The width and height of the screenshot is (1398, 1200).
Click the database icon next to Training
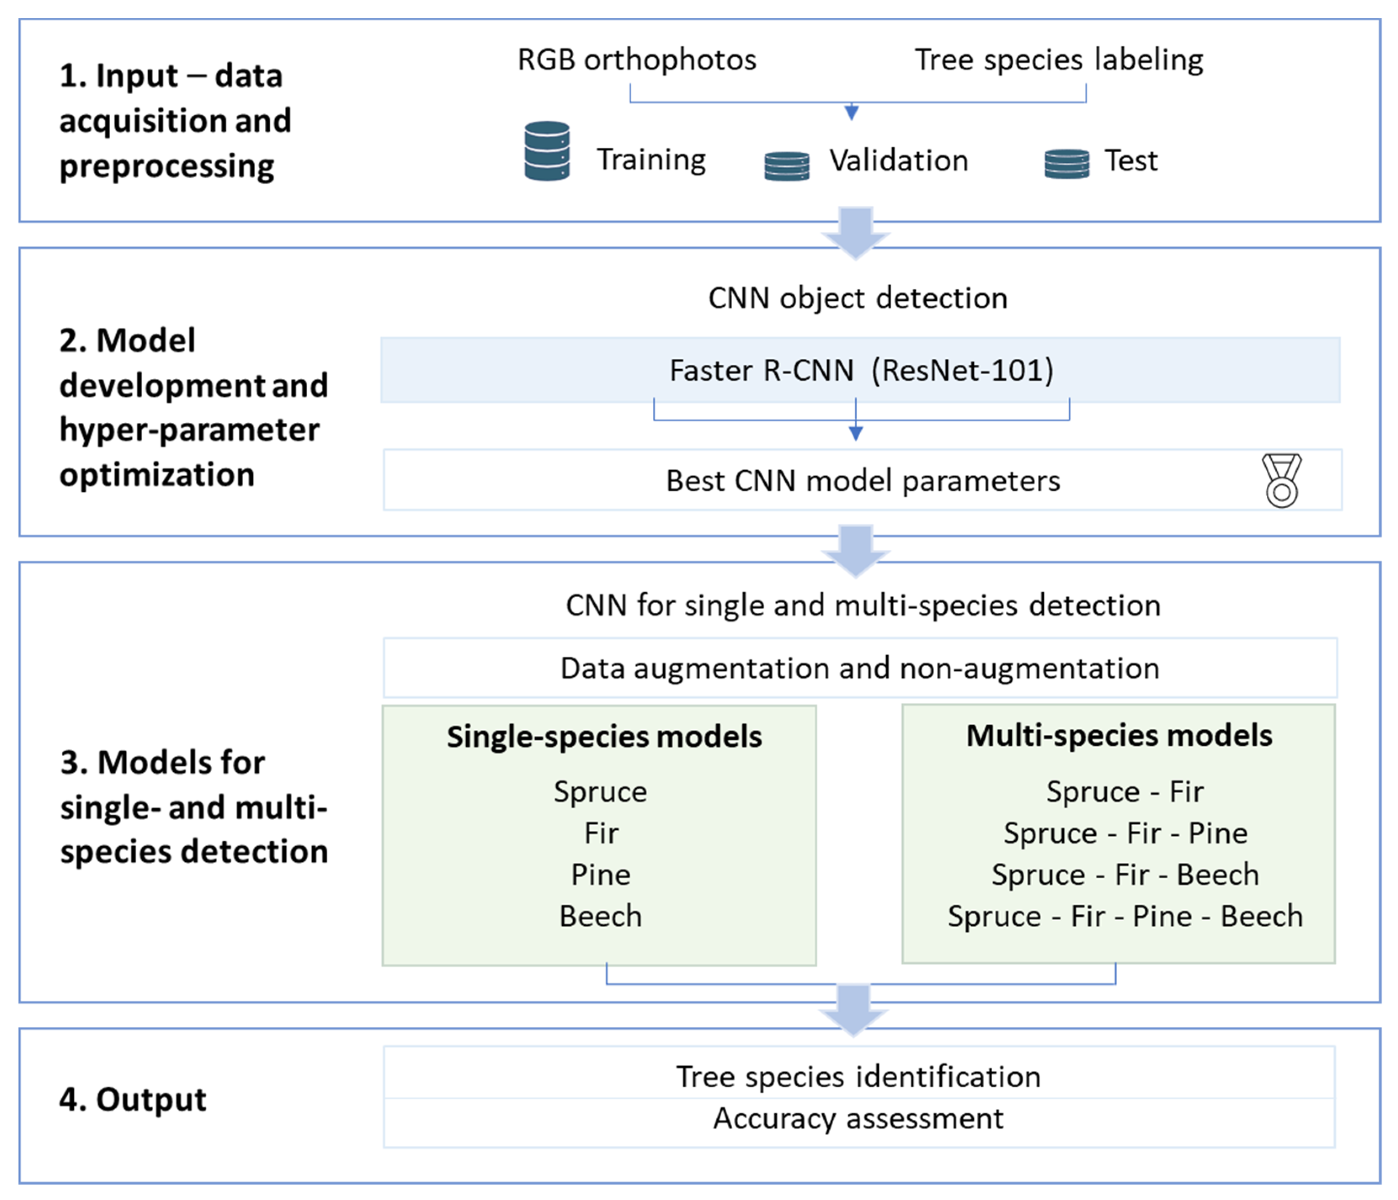tap(547, 151)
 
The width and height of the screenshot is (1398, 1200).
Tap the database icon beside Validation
tap(786, 166)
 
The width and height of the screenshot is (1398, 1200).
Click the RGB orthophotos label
tap(636, 60)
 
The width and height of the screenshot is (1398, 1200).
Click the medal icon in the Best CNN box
tap(1281, 480)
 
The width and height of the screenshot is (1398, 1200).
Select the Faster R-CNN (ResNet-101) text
tap(861, 370)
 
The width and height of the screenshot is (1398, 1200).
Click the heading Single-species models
tap(604, 736)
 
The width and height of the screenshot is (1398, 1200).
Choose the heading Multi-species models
tap(1119, 735)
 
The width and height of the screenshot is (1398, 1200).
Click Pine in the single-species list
tap(601, 875)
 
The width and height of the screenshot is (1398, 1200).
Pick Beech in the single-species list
tap(601, 916)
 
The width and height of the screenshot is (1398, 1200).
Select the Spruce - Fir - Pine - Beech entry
tap(1125, 916)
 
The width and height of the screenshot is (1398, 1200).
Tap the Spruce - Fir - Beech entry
tap(1125, 875)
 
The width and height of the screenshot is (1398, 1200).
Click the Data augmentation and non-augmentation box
tap(860, 668)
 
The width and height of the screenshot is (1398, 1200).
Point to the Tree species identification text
tap(858, 1077)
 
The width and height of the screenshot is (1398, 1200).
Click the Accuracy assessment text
tap(858, 1118)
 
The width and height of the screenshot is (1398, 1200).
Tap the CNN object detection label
tap(858, 298)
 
